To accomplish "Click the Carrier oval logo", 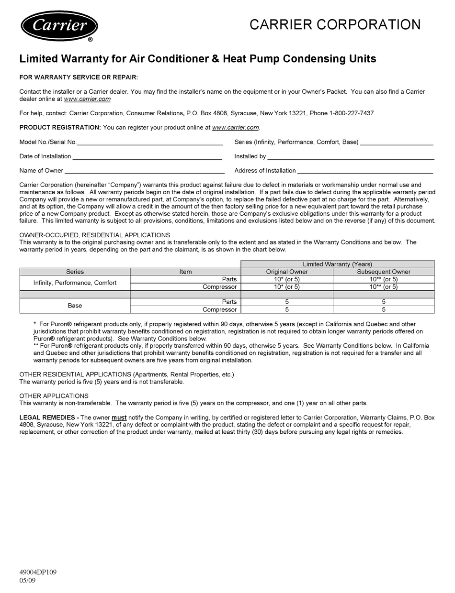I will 59,26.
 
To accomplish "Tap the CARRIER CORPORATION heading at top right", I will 335,24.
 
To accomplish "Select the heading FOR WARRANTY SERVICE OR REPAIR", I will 79,77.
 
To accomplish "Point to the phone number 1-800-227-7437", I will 352,113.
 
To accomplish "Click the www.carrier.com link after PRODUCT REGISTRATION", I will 235,128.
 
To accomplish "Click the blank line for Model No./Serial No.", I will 149,143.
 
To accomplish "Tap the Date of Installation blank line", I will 147,157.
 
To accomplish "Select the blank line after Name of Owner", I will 144,171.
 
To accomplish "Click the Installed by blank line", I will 351,157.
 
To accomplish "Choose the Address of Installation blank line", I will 365,171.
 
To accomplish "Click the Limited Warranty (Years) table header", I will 337,264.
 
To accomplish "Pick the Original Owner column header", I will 287,272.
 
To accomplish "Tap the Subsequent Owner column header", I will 384,272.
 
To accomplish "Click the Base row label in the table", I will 75,306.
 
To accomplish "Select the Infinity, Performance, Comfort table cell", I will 75,283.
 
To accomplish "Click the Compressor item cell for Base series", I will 219,309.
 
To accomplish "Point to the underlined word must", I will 119,417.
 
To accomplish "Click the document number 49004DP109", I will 38,572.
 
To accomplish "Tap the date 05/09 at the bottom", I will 27,581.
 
